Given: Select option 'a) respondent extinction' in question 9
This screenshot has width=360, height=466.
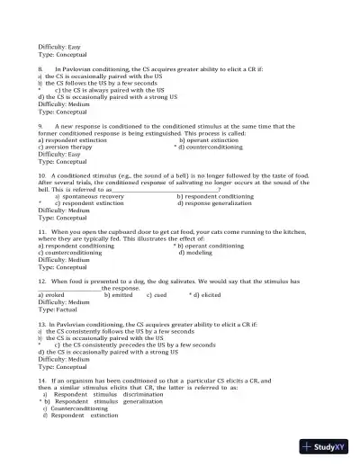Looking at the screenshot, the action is (x=73, y=141).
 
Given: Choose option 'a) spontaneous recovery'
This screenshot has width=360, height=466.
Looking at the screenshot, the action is (x=89, y=196).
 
